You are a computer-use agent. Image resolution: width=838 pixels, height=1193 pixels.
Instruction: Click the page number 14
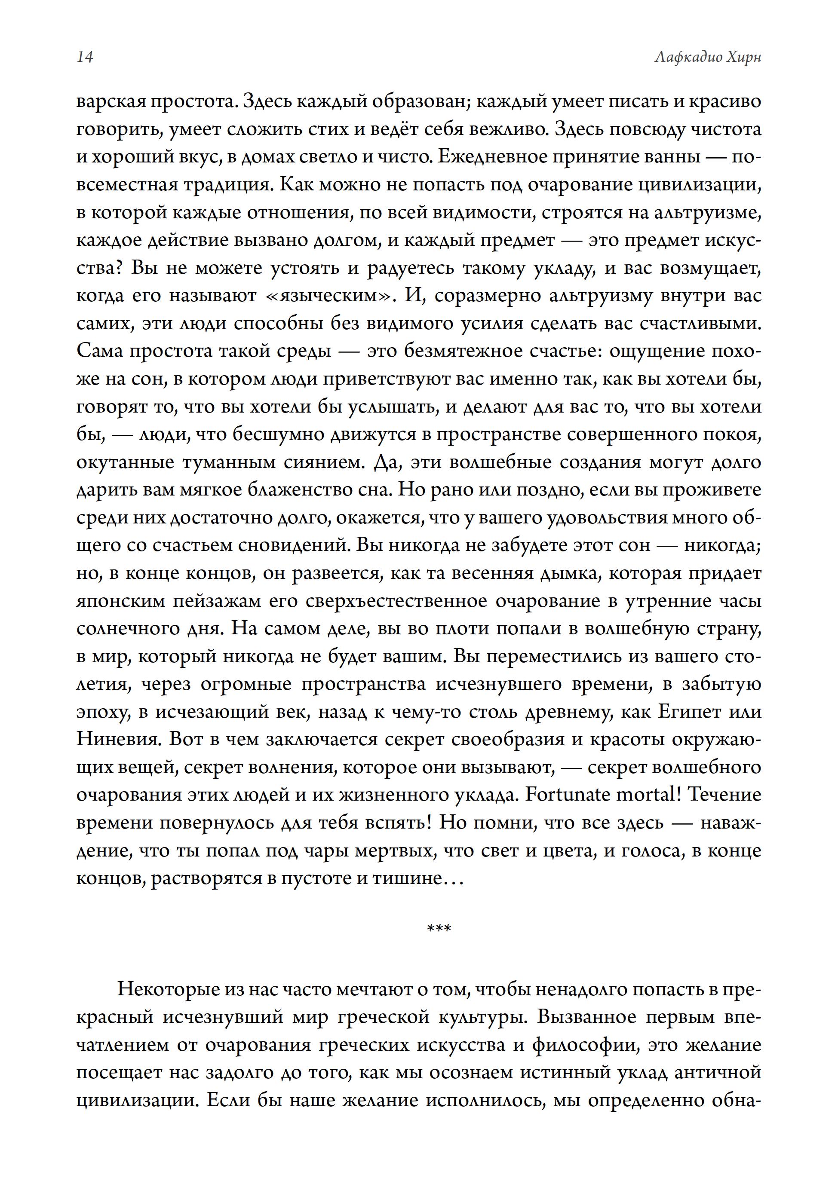[x=85, y=57]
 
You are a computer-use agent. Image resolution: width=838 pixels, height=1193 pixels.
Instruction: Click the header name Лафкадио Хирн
[x=708, y=57]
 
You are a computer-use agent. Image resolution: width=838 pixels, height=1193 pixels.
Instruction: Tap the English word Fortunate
[x=570, y=795]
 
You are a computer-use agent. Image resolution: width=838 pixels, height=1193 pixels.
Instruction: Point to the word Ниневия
[x=117, y=739]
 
